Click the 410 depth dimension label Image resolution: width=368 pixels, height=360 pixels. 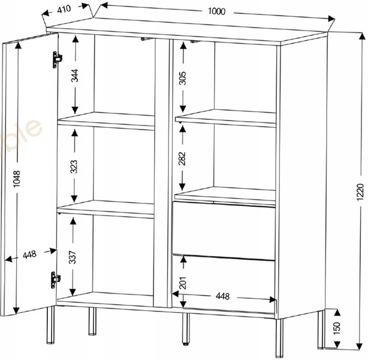coord(67,10)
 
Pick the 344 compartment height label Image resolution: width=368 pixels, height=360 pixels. coord(75,76)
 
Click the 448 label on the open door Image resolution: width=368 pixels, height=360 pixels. coord(29,254)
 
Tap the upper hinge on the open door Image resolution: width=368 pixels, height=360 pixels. coord(56,58)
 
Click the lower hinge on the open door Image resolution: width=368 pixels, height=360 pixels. coord(56,278)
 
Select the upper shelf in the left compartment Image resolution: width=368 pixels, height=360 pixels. coord(107,120)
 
